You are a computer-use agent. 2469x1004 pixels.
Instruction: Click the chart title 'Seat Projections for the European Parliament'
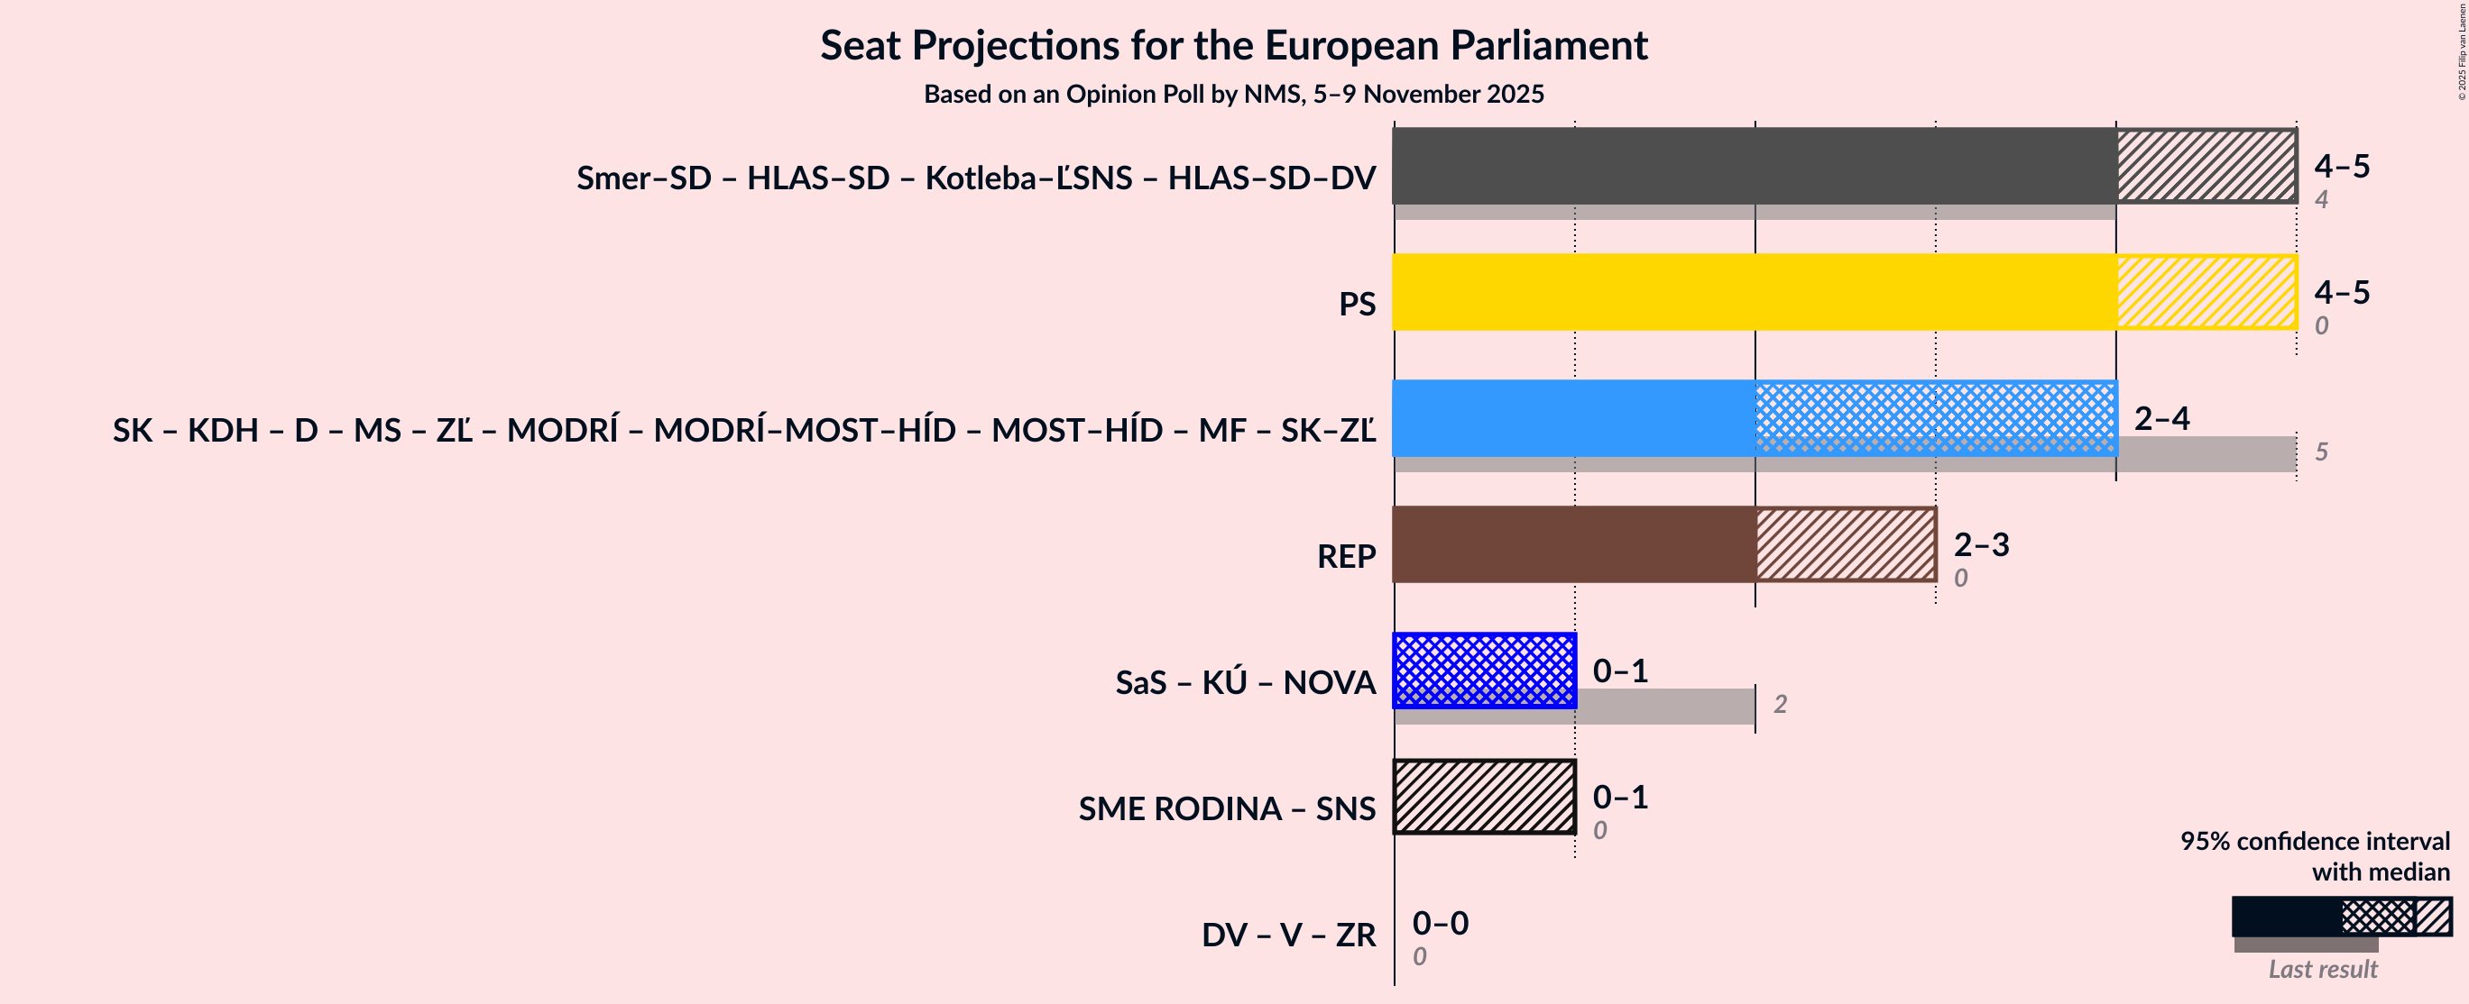pyautogui.click(x=1233, y=45)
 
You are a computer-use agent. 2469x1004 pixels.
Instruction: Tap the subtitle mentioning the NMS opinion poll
pyautogui.click(x=1233, y=94)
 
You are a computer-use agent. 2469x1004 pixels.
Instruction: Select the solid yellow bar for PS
pyautogui.click(x=1754, y=291)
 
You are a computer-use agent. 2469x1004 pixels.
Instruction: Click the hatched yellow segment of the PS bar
pyautogui.click(x=2206, y=291)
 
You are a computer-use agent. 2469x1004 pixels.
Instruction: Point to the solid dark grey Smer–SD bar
pyautogui.click(x=1754, y=165)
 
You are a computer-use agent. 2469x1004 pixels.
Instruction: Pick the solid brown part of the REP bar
pyautogui.click(x=1574, y=543)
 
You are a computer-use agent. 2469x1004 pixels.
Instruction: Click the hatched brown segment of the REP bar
pyautogui.click(x=1846, y=543)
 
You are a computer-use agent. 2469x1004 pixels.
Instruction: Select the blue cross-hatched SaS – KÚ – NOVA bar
pyautogui.click(x=1484, y=670)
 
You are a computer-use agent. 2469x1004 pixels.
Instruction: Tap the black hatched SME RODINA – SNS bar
pyautogui.click(x=1484, y=796)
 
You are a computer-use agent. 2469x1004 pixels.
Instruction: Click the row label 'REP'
pyautogui.click(x=1346, y=556)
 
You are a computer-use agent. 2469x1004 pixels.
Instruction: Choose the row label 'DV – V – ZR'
pyautogui.click(x=1288, y=934)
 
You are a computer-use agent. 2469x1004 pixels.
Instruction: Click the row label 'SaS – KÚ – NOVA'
pyautogui.click(x=1245, y=682)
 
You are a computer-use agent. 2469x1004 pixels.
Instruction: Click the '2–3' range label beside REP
pyautogui.click(x=1981, y=544)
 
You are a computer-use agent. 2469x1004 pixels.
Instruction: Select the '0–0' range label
pyautogui.click(x=1440, y=923)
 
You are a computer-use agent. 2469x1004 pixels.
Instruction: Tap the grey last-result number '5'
pyautogui.click(x=2321, y=452)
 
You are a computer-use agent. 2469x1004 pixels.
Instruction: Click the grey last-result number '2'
pyautogui.click(x=1780, y=704)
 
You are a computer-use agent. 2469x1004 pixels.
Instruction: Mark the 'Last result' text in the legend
pyautogui.click(x=2322, y=969)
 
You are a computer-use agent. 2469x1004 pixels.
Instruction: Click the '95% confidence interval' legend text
pyautogui.click(x=2315, y=840)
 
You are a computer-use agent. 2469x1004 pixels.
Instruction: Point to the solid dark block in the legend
pyautogui.click(x=2286, y=916)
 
